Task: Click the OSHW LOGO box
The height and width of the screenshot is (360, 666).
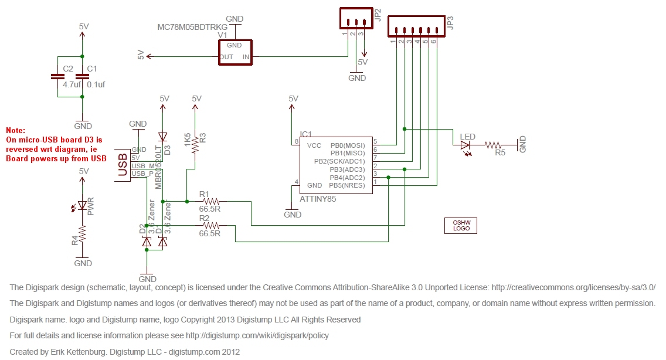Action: click(x=461, y=225)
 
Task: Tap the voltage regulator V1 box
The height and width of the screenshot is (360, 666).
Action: click(x=235, y=52)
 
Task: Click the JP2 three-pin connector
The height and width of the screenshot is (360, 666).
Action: click(x=355, y=19)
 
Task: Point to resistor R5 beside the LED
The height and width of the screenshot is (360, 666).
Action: click(x=493, y=144)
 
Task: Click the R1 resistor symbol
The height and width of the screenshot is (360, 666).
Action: click(x=209, y=202)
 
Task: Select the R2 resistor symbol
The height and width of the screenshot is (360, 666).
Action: click(x=209, y=226)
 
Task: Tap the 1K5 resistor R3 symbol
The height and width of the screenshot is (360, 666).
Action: click(x=196, y=144)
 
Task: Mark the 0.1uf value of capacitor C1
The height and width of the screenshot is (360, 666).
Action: click(x=96, y=84)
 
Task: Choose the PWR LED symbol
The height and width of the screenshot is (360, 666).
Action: click(x=83, y=205)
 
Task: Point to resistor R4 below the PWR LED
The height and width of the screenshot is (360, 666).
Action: click(x=83, y=235)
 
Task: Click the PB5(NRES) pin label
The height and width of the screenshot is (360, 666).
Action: click(x=348, y=185)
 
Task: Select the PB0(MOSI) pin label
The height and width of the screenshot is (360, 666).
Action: click(x=348, y=145)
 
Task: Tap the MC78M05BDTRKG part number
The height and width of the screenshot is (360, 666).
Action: click(x=192, y=27)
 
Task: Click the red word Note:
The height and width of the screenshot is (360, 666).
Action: click(x=16, y=130)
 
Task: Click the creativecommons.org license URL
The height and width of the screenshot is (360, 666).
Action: click(x=573, y=287)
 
